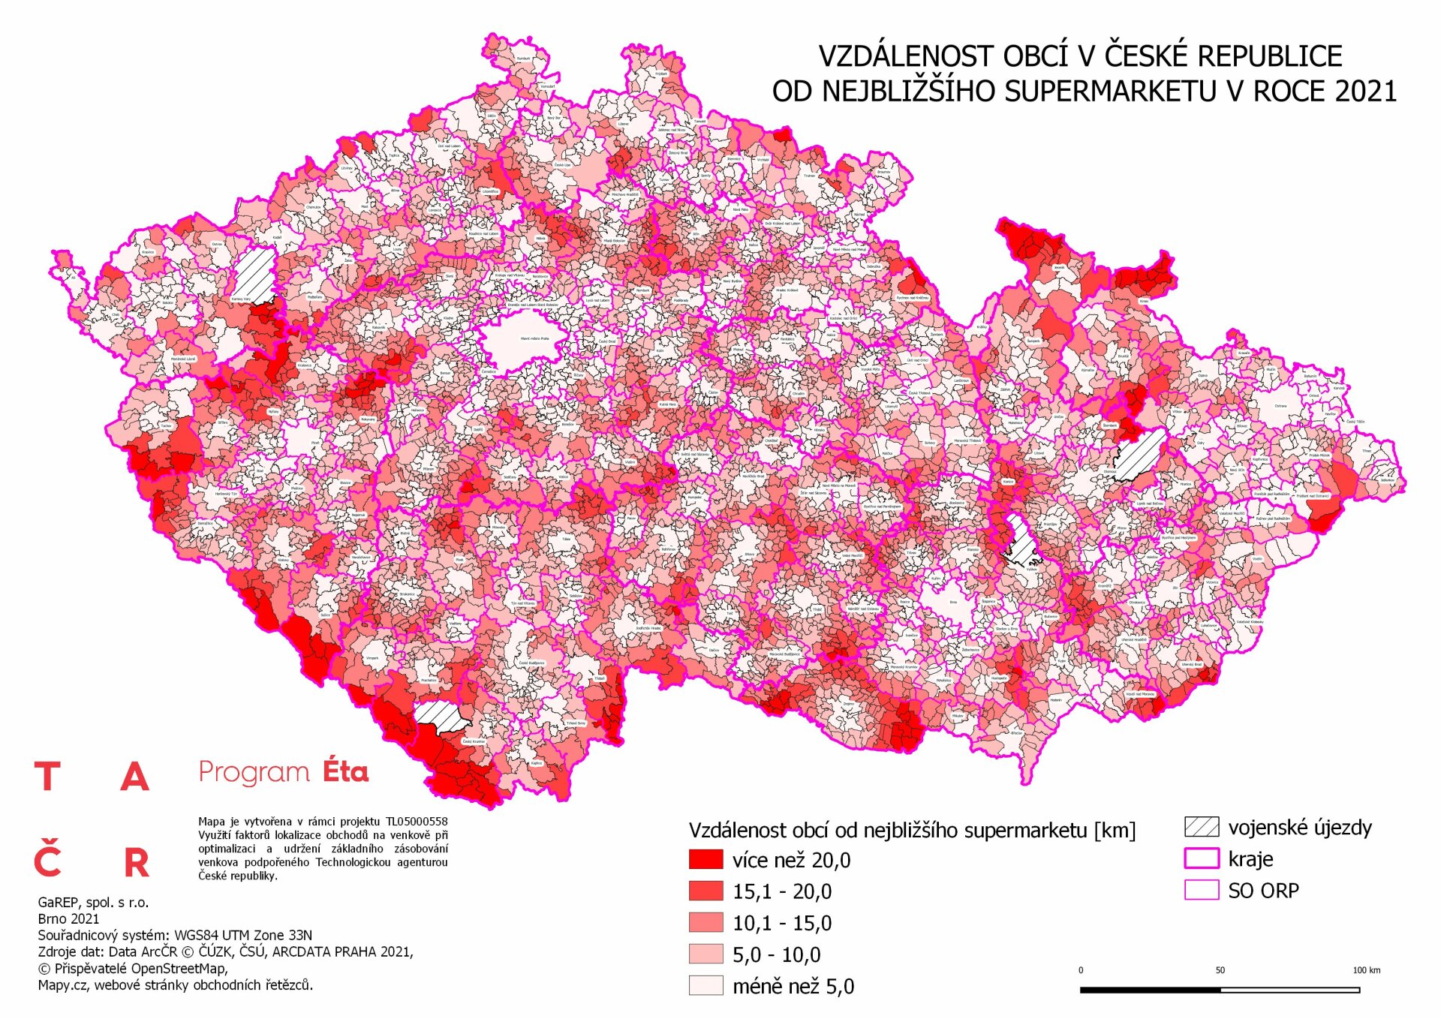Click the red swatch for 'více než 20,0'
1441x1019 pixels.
pos(705,859)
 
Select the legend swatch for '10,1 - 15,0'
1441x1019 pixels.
pos(705,922)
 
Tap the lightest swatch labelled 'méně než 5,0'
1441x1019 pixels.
pos(705,985)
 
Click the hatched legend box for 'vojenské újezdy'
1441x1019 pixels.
pos(1201,827)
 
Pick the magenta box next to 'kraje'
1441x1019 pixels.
pos(1201,858)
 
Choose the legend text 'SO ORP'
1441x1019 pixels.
pos(1263,891)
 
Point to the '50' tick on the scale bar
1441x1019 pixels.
pos(1220,970)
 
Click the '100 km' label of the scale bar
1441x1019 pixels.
pos(1366,970)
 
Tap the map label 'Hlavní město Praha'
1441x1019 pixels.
pos(534,338)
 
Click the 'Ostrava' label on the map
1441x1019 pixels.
pos(1280,406)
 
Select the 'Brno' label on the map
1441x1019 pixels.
pos(954,602)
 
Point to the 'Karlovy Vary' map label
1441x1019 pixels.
pos(241,299)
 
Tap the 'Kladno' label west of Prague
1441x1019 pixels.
pos(449,318)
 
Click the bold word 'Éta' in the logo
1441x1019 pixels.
pos(345,771)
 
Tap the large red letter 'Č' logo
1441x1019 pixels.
pos(47,861)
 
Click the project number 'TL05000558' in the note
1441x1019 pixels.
pos(417,822)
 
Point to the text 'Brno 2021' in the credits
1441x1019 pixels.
pos(68,918)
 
